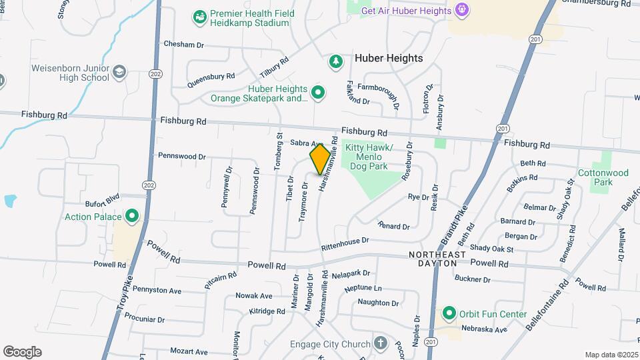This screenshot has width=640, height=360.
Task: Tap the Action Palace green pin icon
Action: (132, 216)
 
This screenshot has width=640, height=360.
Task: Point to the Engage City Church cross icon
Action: (380, 344)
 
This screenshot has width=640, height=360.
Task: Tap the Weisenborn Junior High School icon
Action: (119, 72)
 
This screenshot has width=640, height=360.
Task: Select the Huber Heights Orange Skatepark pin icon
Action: (319, 93)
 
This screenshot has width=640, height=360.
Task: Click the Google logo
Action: (22, 352)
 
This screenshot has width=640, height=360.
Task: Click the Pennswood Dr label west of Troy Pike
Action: (181, 156)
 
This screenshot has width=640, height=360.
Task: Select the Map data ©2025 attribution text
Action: (611, 355)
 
